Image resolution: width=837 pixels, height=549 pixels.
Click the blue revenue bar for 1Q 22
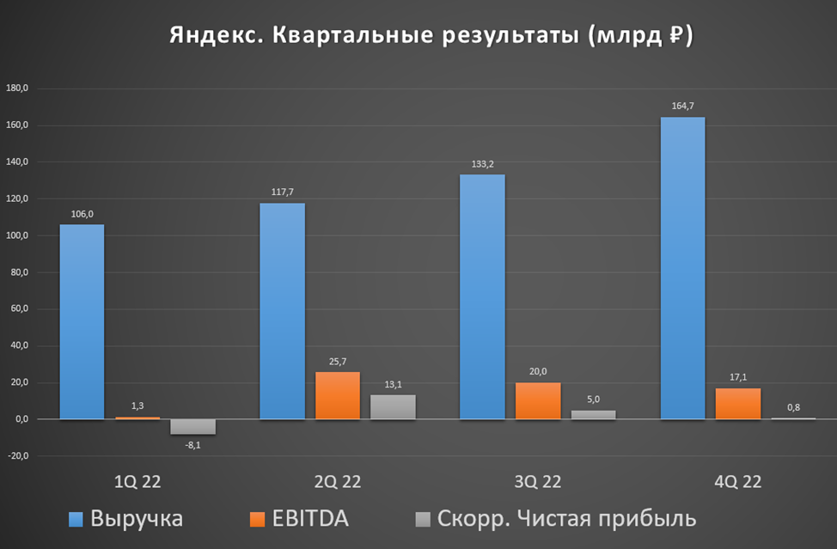82,322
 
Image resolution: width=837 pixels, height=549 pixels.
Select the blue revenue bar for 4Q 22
682,268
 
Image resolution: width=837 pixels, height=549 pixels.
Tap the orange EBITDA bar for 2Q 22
338,395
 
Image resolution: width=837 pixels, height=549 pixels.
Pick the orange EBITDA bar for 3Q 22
538,400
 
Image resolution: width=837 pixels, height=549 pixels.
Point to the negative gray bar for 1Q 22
192,427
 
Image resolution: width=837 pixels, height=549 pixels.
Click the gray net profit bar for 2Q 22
393,407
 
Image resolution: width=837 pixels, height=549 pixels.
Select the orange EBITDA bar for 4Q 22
738,404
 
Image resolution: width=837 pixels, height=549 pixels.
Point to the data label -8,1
192,444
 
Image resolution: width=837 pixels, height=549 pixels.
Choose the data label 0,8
793,407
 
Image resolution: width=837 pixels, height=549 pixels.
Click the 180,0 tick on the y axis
17,88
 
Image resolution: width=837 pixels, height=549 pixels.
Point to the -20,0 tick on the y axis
17,456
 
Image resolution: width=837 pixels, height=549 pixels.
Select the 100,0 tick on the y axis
17,235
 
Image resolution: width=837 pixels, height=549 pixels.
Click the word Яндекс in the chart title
212,37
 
